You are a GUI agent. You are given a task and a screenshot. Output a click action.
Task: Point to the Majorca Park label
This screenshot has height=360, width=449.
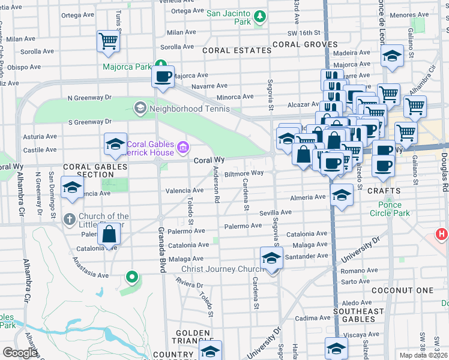pos(127,67)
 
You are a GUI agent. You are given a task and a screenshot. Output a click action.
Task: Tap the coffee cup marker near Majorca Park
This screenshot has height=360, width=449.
pos(163,77)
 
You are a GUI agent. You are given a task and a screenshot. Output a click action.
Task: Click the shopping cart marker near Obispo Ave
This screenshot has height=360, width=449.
pos(108,41)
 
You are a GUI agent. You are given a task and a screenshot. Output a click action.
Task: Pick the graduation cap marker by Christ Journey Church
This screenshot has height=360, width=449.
pos(272,259)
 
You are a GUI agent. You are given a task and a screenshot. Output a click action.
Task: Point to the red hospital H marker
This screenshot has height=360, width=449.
pos(442,234)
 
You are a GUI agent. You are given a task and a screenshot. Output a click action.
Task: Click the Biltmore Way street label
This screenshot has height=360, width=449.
pos(244,173)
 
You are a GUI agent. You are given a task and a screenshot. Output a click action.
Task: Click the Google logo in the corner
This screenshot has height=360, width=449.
pos(19,353)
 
